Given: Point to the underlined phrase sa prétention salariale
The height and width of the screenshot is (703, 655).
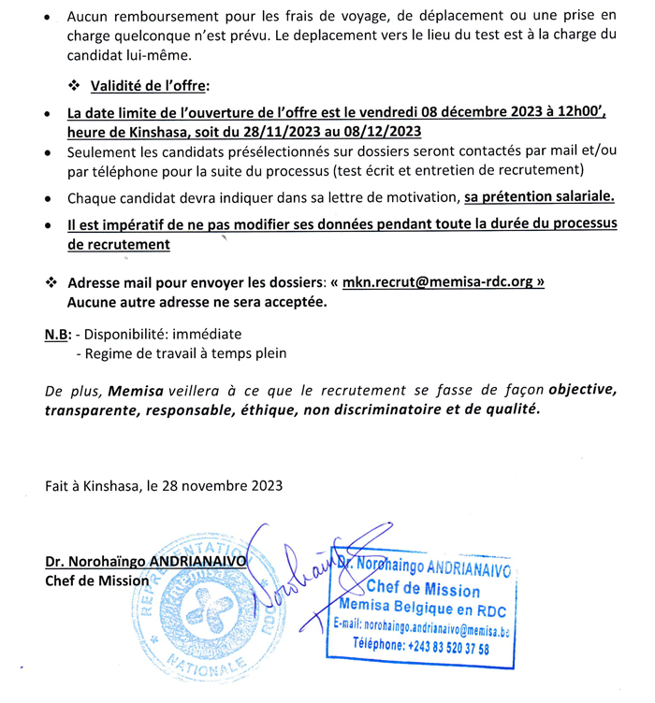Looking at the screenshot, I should pos(540,198).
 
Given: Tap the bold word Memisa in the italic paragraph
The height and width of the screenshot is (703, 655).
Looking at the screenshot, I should pos(133,389).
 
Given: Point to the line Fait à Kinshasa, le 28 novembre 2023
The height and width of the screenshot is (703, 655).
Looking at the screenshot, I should pos(164,485).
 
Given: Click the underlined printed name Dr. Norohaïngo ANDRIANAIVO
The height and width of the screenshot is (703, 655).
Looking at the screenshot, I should pos(146,562).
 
